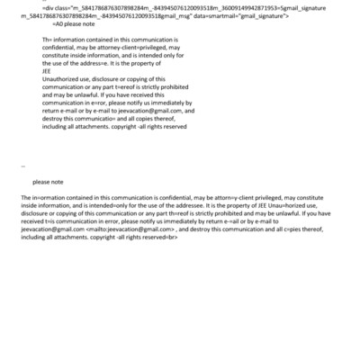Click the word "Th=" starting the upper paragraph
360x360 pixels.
[47, 40]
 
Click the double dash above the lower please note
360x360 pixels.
[22, 167]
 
